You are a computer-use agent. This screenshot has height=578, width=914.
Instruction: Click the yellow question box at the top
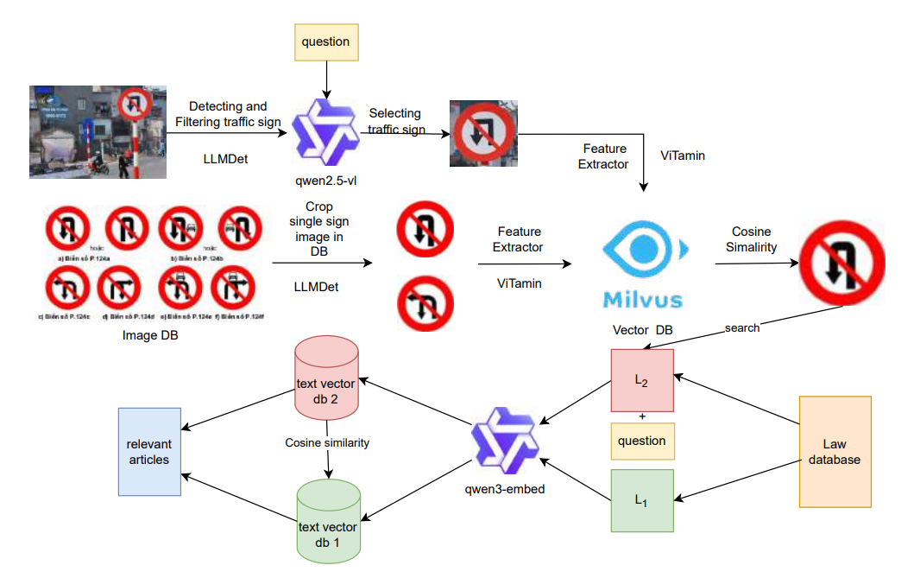click(325, 41)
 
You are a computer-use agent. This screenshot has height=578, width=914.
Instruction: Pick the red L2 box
click(641, 380)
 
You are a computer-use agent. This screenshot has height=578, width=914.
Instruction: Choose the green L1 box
click(641, 500)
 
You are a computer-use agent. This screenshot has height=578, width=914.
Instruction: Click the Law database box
click(835, 452)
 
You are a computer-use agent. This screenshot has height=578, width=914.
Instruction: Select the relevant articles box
click(149, 452)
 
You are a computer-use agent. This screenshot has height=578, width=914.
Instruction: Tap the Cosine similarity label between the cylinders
click(327, 442)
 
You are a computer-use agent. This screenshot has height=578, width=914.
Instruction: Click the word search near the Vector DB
click(742, 328)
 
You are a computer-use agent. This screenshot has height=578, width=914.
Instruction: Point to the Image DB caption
click(151, 335)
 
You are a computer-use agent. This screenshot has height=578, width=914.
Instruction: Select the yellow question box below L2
click(641, 441)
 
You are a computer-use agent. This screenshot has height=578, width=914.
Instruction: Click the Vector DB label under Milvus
click(642, 330)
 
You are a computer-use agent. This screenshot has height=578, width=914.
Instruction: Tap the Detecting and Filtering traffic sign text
click(228, 114)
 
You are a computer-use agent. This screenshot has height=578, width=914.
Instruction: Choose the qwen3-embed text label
click(505, 489)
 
